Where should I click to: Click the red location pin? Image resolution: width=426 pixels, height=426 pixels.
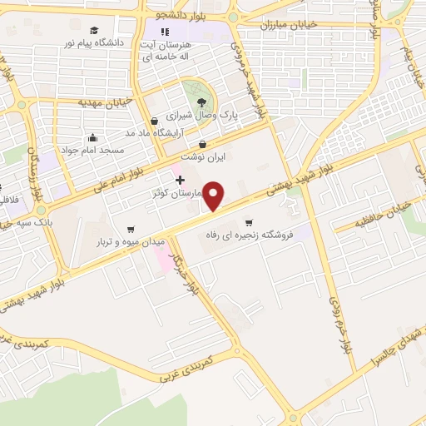coord(215,196)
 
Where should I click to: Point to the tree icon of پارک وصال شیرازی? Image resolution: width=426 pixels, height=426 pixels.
coord(201,103)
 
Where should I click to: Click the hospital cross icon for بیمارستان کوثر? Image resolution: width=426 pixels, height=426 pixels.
coord(179,181)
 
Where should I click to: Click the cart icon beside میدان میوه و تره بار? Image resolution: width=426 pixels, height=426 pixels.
coord(131,230)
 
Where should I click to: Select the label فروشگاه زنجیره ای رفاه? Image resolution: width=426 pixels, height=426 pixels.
coord(249,235)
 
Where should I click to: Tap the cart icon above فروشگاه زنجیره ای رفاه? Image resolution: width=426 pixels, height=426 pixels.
coord(248,222)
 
